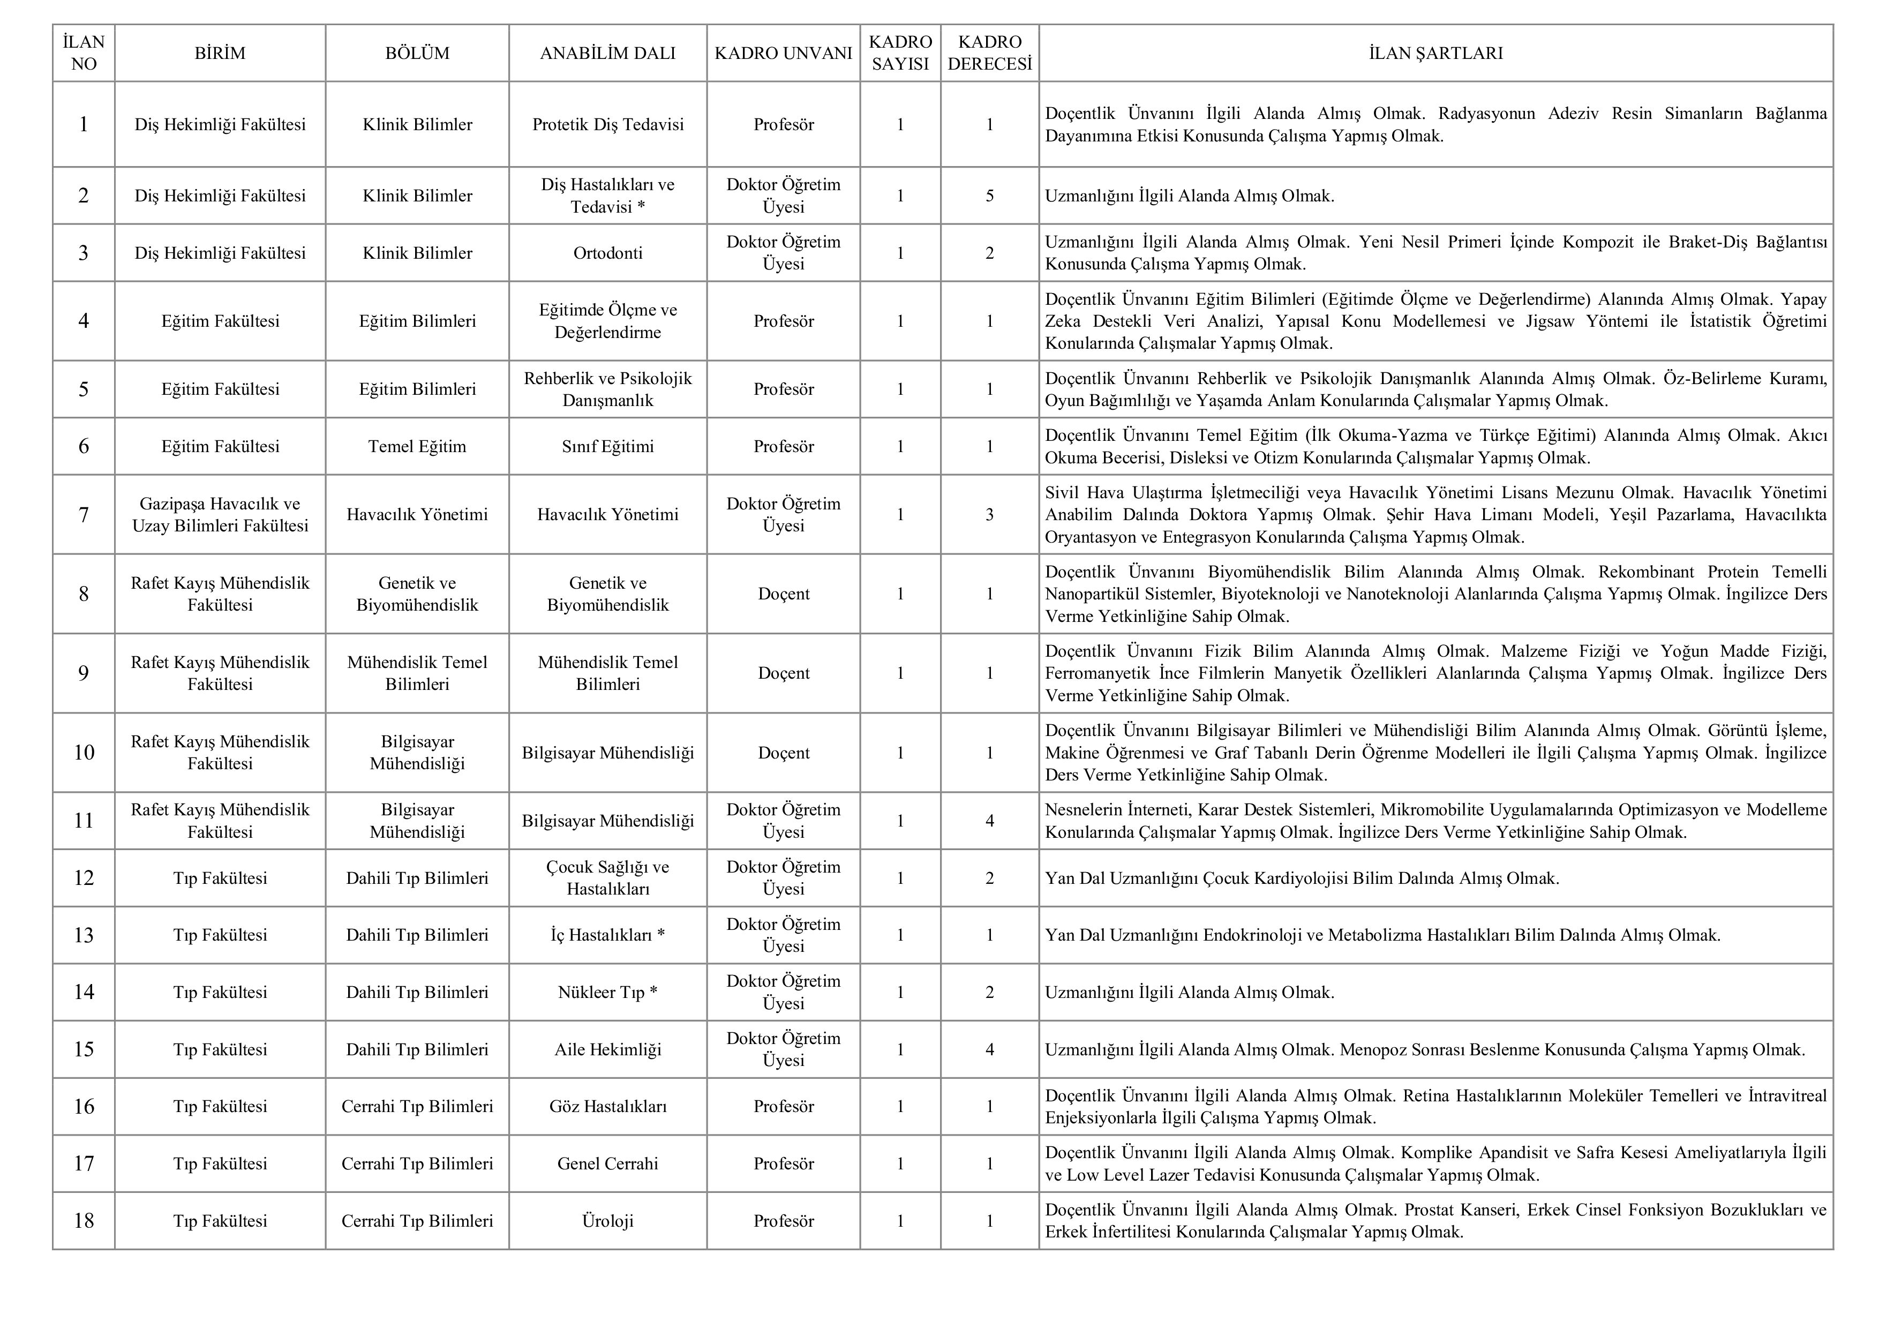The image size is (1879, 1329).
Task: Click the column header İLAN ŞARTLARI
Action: (1435, 53)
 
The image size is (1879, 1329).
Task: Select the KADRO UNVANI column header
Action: (783, 53)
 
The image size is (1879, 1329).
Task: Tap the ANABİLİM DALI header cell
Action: (607, 53)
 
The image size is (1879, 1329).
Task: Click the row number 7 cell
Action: (84, 515)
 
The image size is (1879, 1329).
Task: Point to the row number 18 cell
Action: (84, 1221)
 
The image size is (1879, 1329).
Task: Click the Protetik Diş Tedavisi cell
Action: (607, 124)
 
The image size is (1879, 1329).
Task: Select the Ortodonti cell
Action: (607, 253)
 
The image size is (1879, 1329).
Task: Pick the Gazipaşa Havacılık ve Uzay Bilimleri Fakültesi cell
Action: (220, 515)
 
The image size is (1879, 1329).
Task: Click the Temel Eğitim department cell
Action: (417, 447)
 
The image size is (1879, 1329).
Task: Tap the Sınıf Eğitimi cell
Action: (607, 447)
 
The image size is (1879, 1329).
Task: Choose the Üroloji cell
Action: (607, 1221)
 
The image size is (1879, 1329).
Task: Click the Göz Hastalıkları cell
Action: (607, 1106)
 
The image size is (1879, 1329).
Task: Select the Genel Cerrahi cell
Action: (607, 1163)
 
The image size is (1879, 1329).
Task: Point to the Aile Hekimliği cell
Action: (607, 1049)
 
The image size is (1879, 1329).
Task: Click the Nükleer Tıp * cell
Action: (607, 993)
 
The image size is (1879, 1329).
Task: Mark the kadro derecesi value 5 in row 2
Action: (989, 196)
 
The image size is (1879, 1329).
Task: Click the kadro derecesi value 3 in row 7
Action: (989, 515)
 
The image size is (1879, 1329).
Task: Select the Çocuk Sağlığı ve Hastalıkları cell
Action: (607, 878)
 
